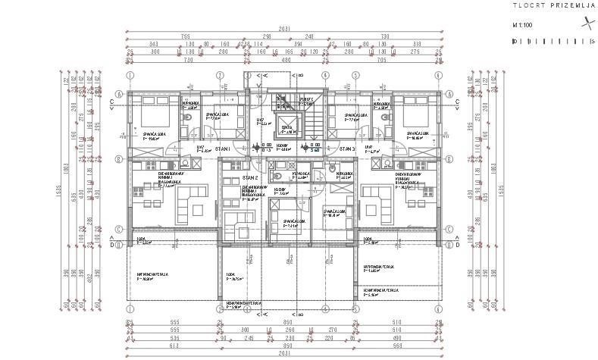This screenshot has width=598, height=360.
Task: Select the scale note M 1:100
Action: tap(524, 25)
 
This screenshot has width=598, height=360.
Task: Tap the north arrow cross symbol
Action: tap(584, 23)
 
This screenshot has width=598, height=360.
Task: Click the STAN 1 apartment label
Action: tap(222, 149)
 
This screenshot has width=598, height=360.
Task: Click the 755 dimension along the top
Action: tap(184, 36)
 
